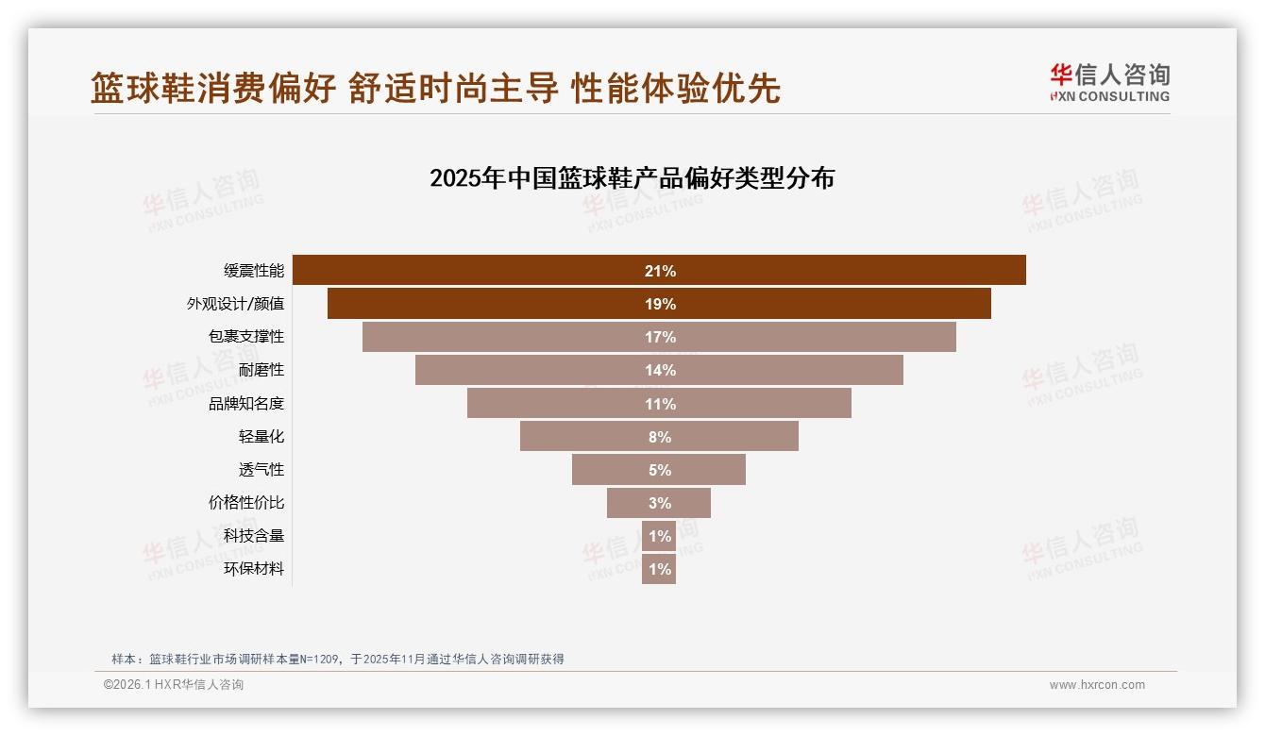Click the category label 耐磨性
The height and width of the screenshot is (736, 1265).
(261, 370)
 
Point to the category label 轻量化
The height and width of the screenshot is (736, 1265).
(261, 436)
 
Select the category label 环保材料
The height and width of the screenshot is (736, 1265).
(254, 569)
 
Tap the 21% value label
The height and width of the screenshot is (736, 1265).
(660, 271)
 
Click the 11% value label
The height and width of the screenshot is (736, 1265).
(660, 404)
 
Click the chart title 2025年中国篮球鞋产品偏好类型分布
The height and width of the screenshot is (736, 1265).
(632, 178)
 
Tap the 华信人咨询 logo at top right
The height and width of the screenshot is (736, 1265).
(1109, 82)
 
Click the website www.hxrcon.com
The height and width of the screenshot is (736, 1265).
(1097, 685)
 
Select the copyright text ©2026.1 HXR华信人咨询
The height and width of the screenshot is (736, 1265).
(174, 685)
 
